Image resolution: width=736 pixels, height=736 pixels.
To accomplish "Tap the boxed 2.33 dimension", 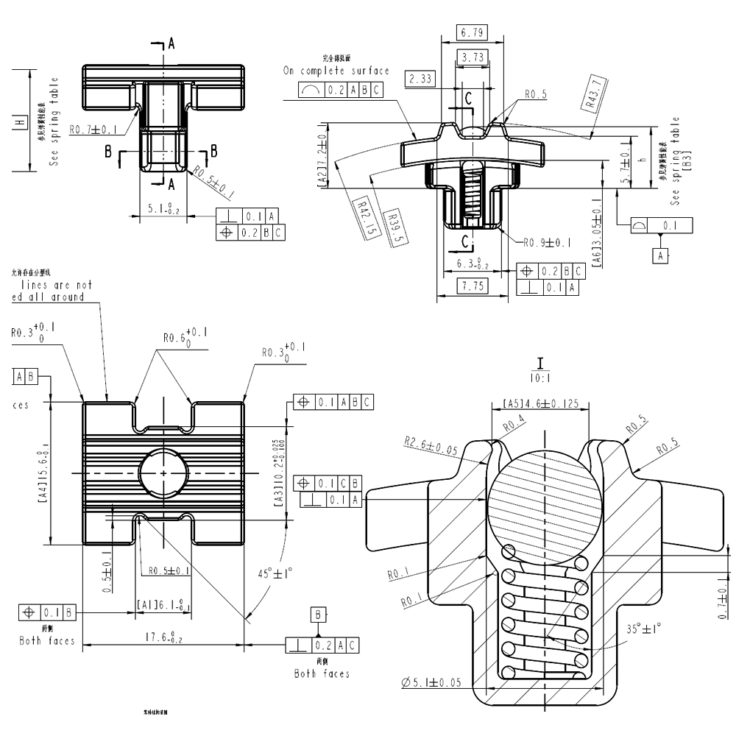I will pos(420,79).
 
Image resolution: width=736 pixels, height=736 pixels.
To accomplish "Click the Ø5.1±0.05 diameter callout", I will pos(431,683).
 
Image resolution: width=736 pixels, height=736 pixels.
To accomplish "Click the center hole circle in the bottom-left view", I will pos(163,471).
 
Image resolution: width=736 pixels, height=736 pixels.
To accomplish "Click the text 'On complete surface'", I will pos(336,71).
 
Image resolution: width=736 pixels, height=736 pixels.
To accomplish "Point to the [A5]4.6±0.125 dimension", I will pos(545,403).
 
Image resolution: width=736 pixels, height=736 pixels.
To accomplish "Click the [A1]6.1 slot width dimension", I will pos(163,604).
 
